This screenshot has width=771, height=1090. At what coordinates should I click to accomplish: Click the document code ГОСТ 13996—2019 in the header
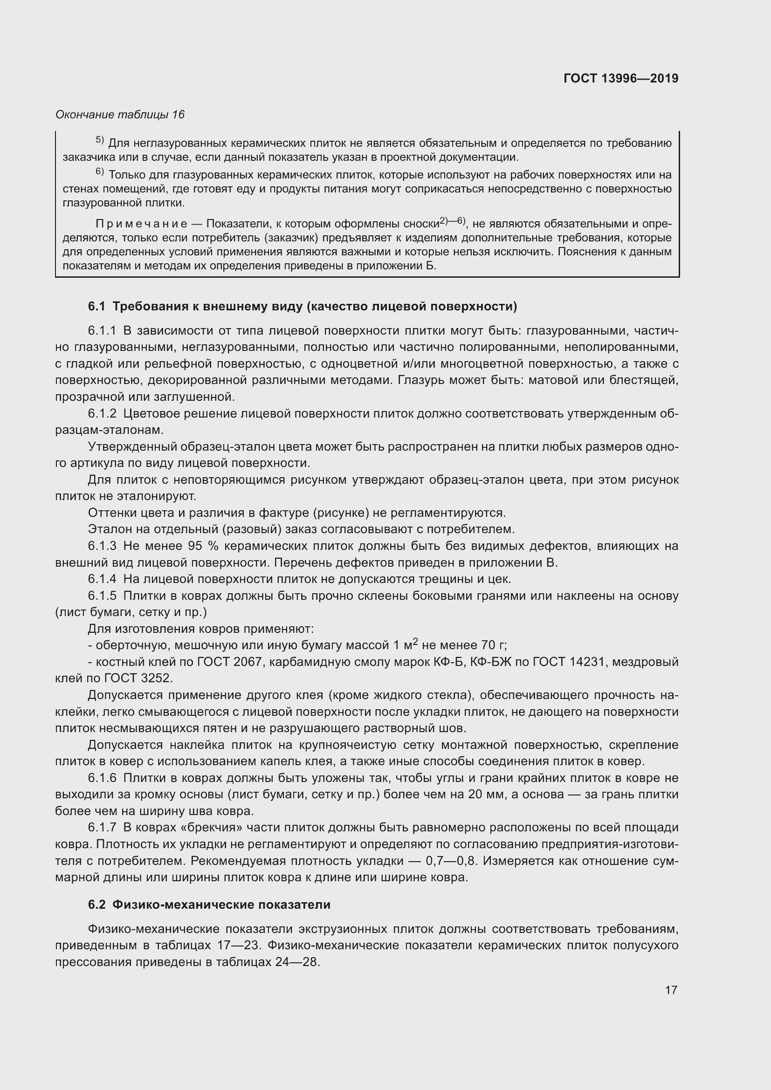tap(621, 78)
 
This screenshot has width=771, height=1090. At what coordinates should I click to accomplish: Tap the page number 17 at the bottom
tap(671, 990)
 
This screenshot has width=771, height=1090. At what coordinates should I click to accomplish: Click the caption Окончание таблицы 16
tap(120, 115)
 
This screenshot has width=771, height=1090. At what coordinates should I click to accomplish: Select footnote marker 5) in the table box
tap(100, 141)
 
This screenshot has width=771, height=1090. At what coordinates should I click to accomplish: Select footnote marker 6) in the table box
tap(100, 172)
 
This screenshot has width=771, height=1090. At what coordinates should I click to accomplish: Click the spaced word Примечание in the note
tap(142, 224)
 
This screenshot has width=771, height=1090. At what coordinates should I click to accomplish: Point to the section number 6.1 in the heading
tap(96, 306)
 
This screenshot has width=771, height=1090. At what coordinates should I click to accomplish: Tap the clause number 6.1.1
tap(102, 330)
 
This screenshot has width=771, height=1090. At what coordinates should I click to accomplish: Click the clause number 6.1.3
tap(102, 546)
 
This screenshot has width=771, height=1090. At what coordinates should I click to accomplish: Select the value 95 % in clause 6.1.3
tap(203, 546)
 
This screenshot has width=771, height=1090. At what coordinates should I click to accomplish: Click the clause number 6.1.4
tap(102, 579)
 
